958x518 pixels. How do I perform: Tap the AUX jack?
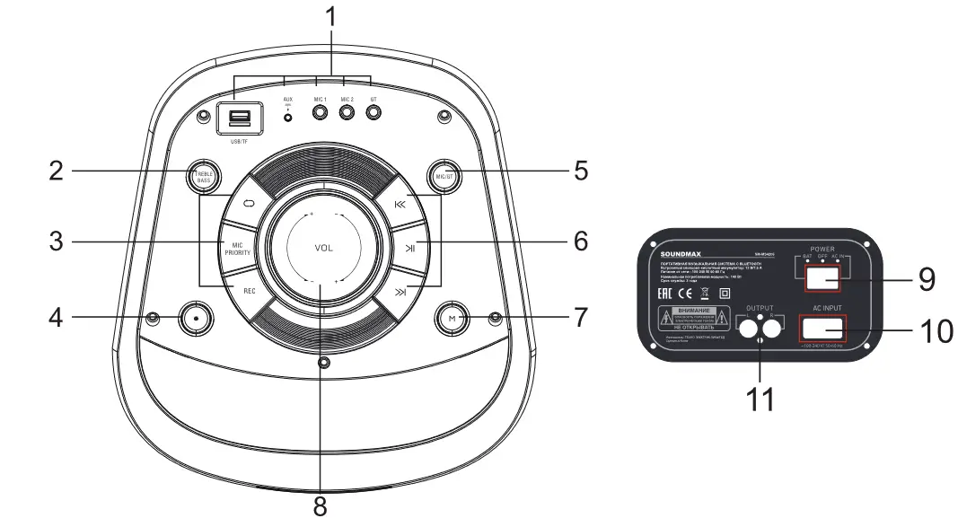click(x=288, y=117)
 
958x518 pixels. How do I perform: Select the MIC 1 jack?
click(x=320, y=113)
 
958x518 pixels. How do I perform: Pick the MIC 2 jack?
click(x=347, y=113)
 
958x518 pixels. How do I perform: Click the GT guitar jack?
click(x=375, y=113)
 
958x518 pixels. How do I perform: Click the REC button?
click(x=250, y=290)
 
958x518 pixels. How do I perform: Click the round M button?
click(x=452, y=318)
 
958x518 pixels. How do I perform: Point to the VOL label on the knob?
click(x=323, y=248)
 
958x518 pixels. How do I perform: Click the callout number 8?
click(x=321, y=505)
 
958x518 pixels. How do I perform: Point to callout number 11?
click(x=760, y=399)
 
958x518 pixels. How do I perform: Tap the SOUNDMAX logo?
click(x=668, y=254)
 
